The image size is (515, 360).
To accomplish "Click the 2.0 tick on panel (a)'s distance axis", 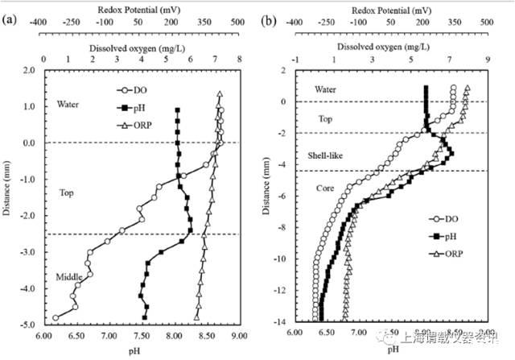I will tap(31, 71).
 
